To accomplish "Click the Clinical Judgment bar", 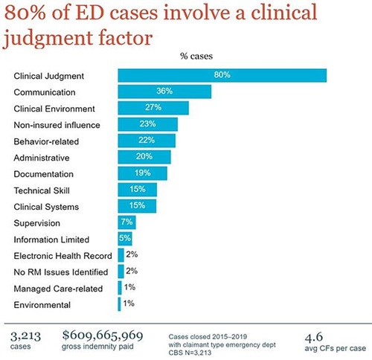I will click(x=222, y=76).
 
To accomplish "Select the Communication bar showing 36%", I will click(x=164, y=92).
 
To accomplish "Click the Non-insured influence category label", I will click(x=57, y=124).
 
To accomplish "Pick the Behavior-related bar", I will click(x=147, y=141).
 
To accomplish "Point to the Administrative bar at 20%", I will click(x=144, y=157).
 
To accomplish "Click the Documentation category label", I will click(x=44, y=173).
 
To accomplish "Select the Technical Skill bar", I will click(x=137, y=190).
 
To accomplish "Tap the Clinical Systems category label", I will click(x=46, y=206).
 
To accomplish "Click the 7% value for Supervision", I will click(x=126, y=222).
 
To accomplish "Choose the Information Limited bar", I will click(x=124, y=239).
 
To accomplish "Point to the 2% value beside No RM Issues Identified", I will click(x=132, y=271).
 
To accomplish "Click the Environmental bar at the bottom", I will click(x=119, y=304).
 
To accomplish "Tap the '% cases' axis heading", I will click(x=198, y=56).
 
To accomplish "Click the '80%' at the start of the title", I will click(x=29, y=15).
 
